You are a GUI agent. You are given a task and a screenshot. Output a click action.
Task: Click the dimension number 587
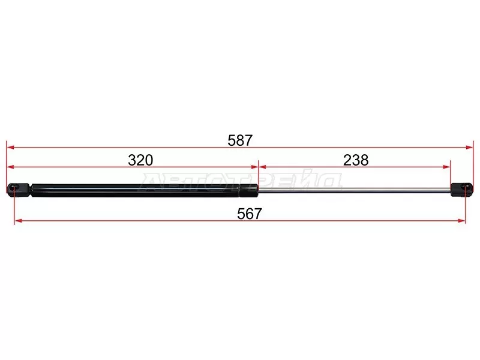(x=240, y=140)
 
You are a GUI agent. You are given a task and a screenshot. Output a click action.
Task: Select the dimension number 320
(x=140, y=160)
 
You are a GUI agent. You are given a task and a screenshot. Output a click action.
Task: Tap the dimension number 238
(x=356, y=160)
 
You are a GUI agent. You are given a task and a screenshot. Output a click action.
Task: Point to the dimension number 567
(x=250, y=214)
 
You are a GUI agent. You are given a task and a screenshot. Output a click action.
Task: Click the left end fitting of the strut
(x=19, y=190)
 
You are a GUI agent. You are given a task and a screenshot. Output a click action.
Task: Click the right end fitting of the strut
(x=462, y=190)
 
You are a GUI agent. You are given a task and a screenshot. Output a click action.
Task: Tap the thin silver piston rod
(x=355, y=190)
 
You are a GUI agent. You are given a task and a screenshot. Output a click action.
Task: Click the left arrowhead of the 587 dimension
(x=10, y=147)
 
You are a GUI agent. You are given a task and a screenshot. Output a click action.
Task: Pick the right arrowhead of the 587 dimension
(x=470, y=147)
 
